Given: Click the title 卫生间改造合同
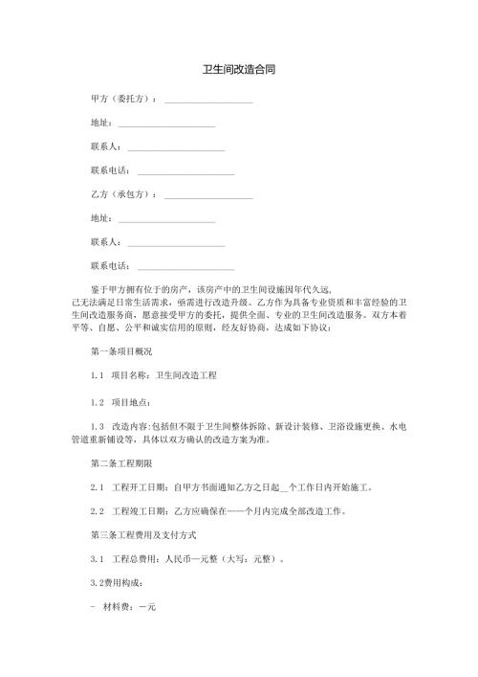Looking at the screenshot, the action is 239,71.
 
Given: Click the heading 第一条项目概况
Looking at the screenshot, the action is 120,352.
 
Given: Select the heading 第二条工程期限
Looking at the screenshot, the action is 120,463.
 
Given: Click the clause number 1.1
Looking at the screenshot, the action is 96,376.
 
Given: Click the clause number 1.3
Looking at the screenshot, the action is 96,424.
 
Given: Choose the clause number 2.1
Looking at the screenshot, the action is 96,486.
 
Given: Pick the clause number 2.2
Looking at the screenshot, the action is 96,510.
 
